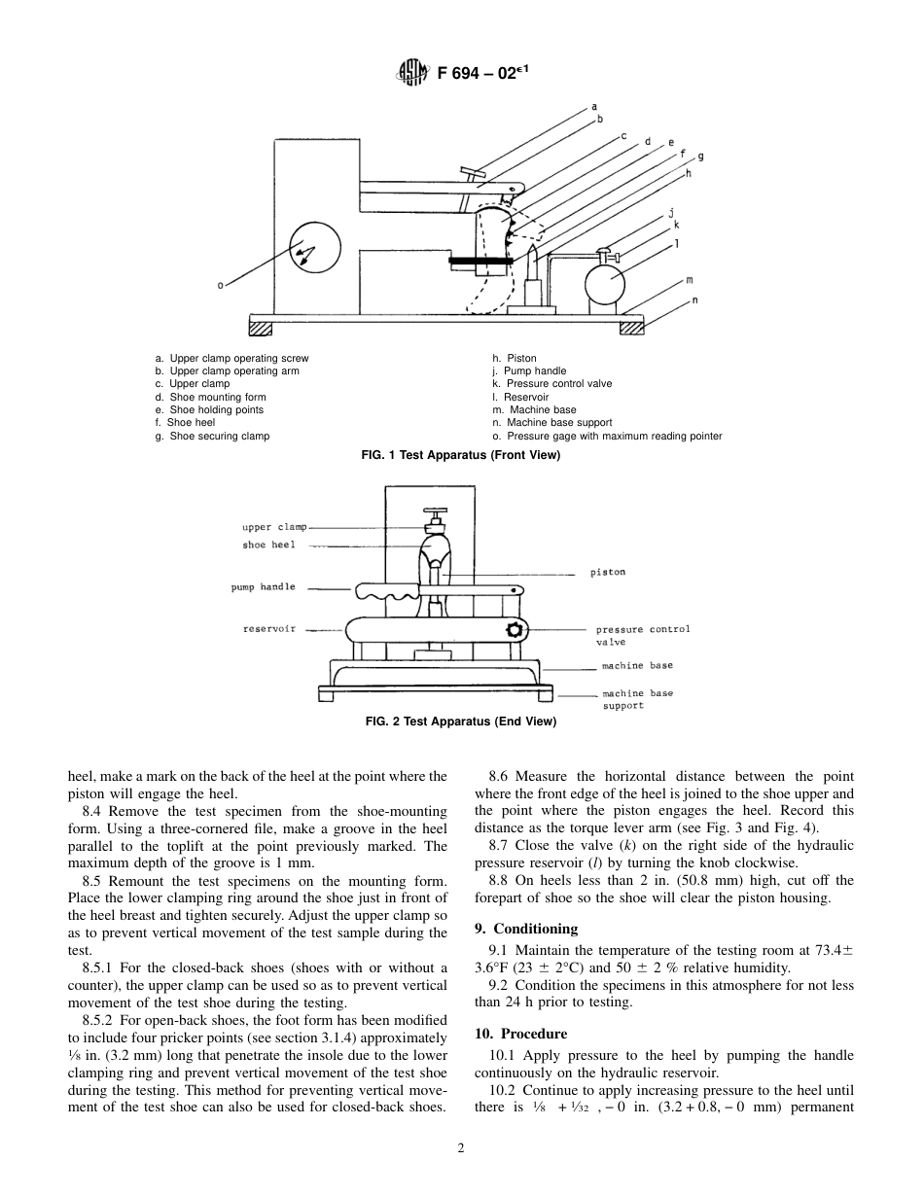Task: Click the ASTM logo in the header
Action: (x=411, y=73)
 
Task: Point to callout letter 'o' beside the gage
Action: (x=221, y=285)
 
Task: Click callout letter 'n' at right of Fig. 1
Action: (x=694, y=300)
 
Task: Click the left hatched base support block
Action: (x=262, y=328)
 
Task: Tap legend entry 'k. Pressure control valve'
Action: (x=552, y=384)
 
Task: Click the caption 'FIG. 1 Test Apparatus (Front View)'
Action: (x=462, y=456)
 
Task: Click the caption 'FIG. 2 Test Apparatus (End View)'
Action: (x=461, y=721)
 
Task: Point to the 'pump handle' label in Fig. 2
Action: (x=263, y=587)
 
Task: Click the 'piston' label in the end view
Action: (x=608, y=573)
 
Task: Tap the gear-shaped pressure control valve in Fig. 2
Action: (x=515, y=630)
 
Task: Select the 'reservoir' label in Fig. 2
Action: (x=268, y=629)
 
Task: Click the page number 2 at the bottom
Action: (x=461, y=1147)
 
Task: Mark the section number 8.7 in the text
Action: (x=501, y=846)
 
